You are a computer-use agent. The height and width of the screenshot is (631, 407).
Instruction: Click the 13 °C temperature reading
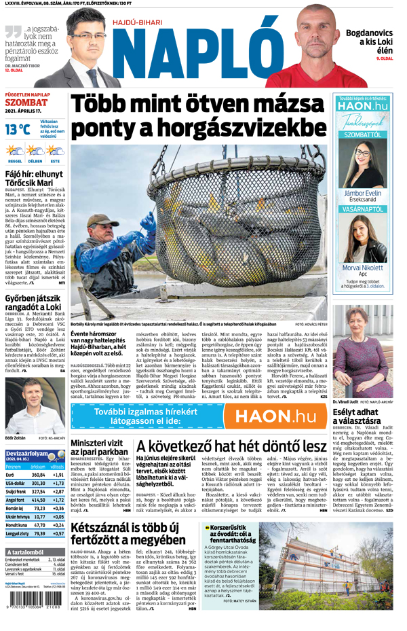[18, 128]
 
